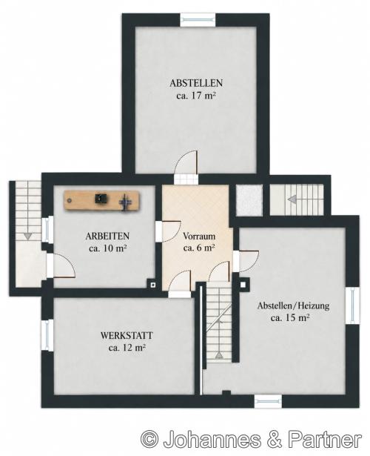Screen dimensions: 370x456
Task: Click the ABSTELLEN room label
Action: [196, 83]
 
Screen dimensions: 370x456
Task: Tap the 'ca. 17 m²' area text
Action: [196, 96]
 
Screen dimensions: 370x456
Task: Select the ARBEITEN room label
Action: [107, 236]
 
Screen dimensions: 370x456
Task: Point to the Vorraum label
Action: [199, 236]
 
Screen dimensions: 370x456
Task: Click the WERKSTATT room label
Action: [127, 335]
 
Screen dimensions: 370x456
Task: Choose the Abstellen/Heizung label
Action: [293, 305]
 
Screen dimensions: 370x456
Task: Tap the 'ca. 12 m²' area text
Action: [127, 348]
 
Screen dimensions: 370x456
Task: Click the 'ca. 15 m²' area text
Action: [290, 318]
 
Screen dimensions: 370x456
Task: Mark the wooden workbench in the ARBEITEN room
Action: [102, 200]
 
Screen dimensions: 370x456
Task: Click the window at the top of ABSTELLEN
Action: [198, 20]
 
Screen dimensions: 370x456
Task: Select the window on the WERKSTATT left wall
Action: [47, 335]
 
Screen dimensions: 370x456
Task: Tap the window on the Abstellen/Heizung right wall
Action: [352, 305]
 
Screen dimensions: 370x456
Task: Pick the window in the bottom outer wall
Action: [268, 401]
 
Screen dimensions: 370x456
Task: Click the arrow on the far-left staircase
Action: [27, 236]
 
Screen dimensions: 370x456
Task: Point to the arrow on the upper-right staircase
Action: [292, 199]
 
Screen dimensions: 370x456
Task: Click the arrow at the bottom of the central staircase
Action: [219, 355]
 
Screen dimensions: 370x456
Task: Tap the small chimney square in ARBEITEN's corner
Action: [152, 285]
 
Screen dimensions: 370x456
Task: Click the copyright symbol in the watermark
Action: [149, 440]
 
